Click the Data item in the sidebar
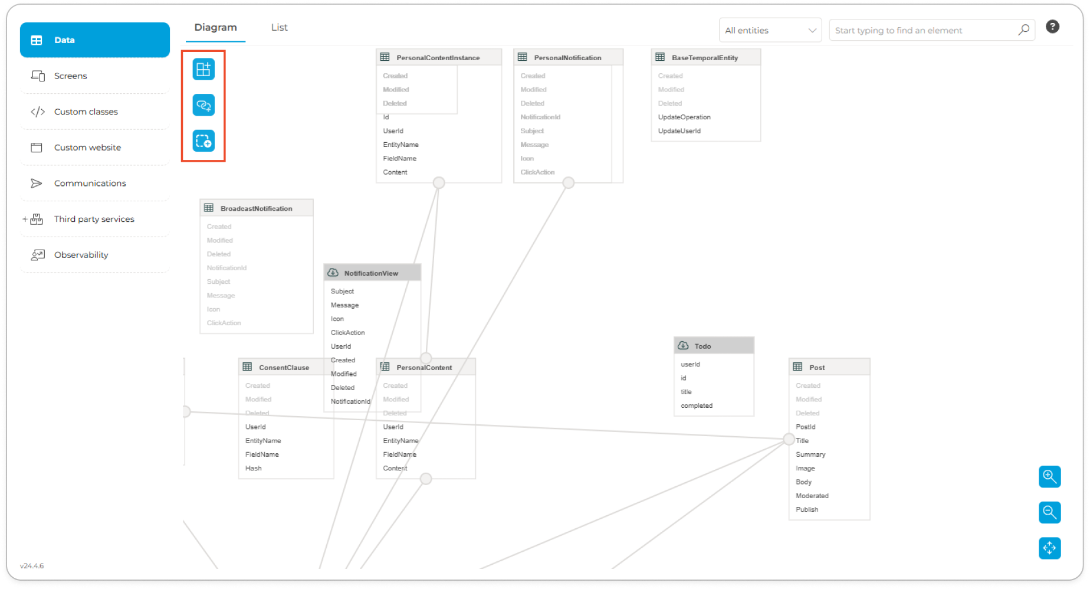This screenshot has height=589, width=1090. point(94,40)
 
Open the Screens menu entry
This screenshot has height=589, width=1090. point(70,76)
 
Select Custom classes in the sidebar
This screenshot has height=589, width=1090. point(86,112)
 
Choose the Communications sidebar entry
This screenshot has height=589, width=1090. point(90,184)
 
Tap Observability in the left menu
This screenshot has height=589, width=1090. point(81,255)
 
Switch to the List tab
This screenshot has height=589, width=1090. point(279,28)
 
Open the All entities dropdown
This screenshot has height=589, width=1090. point(770,31)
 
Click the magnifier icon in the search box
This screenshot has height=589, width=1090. point(1023,30)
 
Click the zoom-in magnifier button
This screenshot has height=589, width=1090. point(1049,476)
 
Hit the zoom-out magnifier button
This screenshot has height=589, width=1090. point(1049,512)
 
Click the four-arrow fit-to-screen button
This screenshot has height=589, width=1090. point(1049,548)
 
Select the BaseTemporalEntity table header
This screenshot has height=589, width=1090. point(705,58)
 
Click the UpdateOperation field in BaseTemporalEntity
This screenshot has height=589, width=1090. point(684,117)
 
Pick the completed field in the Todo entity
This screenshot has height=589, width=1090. point(697,406)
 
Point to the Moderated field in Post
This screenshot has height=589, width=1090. point(812,496)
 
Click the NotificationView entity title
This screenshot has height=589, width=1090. point(371,273)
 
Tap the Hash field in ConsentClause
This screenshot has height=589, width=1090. point(254,469)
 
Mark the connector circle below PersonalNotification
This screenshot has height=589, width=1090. point(568,183)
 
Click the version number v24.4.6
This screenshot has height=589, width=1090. point(32,566)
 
